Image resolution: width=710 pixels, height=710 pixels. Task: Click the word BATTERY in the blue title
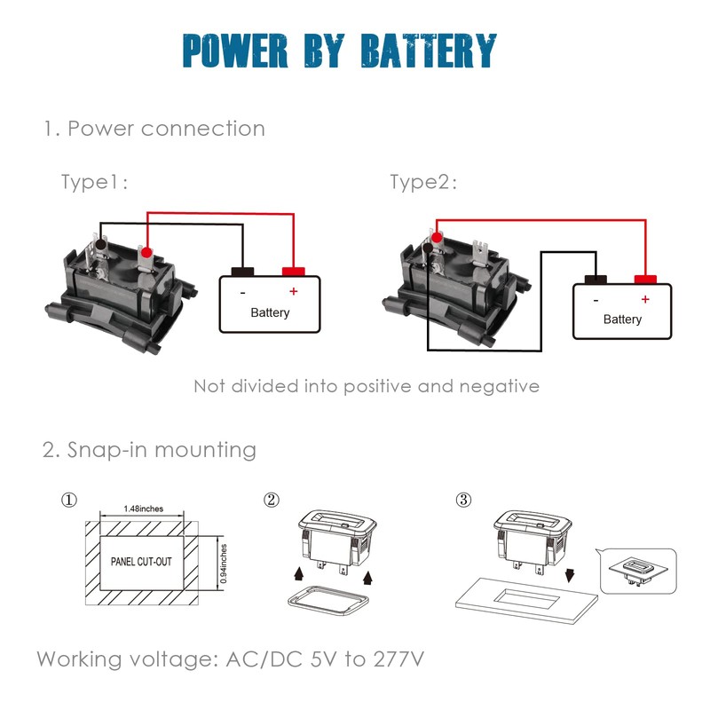(x=429, y=51)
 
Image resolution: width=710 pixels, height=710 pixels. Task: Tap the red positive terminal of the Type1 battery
(x=294, y=272)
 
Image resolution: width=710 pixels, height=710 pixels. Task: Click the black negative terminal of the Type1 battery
(x=242, y=272)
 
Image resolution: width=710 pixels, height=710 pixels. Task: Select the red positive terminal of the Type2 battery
(x=645, y=280)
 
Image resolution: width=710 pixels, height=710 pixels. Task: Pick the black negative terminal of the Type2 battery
(x=596, y=280)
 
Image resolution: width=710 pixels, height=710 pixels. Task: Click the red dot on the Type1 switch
(x=146, y=253)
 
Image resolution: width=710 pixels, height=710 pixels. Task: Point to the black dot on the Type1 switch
(x=100, y=245)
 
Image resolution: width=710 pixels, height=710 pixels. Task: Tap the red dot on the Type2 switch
(x=437, y=237)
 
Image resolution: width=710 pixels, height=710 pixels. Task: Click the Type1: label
(x=94, y=182)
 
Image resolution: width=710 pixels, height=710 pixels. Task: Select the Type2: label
(x=423, y=182)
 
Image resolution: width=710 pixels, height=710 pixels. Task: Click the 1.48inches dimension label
(x=143, y=509)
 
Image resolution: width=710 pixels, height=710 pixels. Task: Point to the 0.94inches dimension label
(x=224, y=564)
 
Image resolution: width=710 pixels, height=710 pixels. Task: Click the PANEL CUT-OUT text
(x=141, y=562)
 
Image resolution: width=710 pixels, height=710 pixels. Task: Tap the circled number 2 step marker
(x=272, y=500)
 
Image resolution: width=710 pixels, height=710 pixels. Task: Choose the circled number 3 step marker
(x=463, y=500)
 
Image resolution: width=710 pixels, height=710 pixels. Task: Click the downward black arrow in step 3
(x=570, y=575)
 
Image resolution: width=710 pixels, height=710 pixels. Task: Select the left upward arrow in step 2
(x=298, y=574)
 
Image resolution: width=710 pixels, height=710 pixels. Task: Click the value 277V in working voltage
(x=398, y=659)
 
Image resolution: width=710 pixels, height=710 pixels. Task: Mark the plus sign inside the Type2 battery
(x=645, y=299)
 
